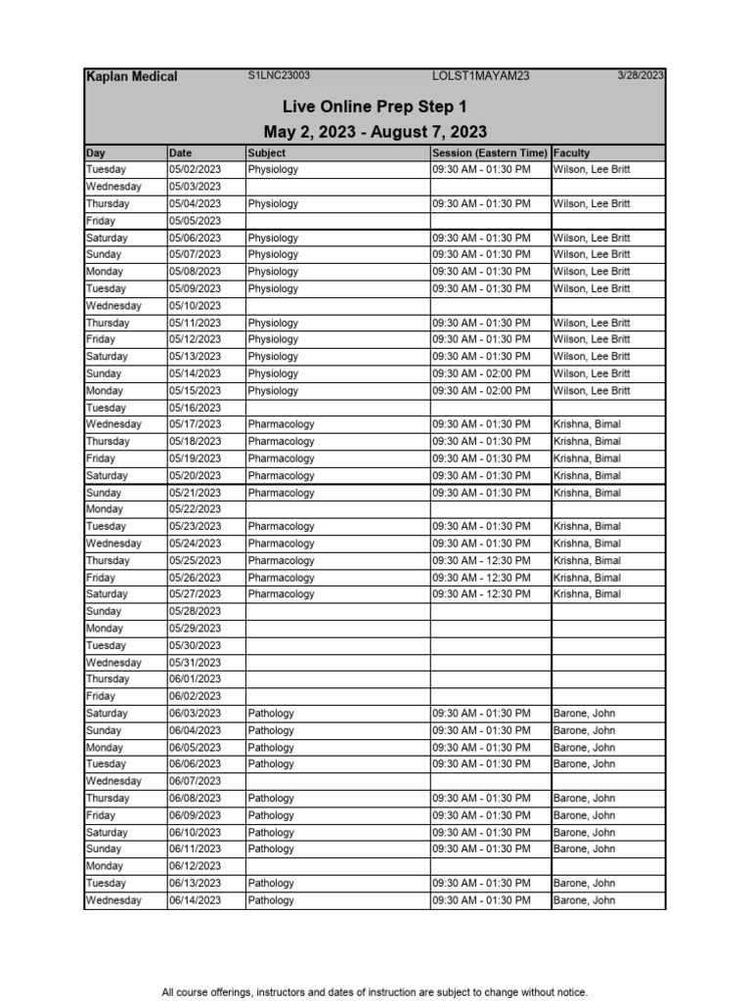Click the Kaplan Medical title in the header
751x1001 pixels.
(131, 77)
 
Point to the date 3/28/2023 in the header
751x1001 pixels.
(641, 75)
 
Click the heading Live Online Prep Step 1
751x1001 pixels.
(375, 106)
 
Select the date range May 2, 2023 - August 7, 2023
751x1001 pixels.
(375, 132)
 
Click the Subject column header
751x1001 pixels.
(267, 152)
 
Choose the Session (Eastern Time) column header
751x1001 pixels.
(489, 152)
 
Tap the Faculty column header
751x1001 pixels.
(572, 152)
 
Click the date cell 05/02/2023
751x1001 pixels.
(195, 169)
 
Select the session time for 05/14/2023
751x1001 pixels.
(481, 373)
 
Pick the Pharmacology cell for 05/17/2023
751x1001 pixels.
(281, 424)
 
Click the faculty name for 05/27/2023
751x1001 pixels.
(587, 594)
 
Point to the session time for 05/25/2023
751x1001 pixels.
(481, 560)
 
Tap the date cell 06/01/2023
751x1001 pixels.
(195, 679)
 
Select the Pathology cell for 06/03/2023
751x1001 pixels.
(271, 714)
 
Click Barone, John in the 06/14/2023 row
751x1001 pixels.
(584, 900)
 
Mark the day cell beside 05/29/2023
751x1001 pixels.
(106, 629)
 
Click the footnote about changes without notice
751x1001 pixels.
(375, 992)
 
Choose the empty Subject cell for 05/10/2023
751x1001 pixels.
(337, 305)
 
